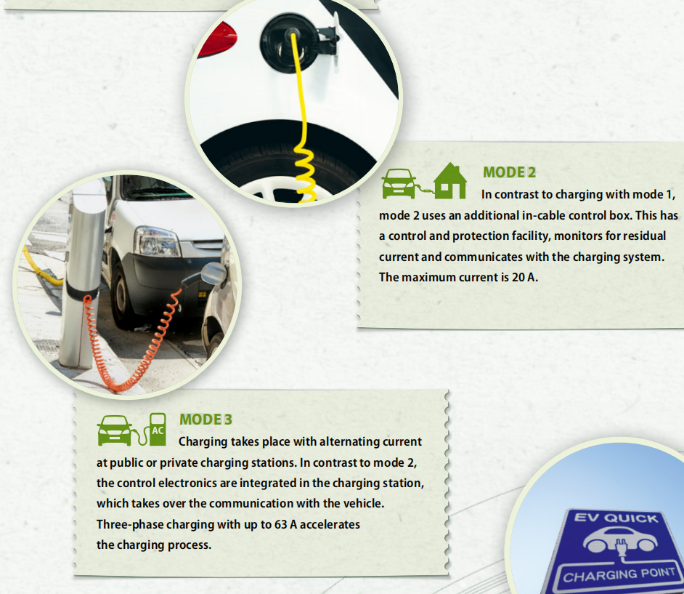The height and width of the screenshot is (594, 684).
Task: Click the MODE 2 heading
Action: (509, 172)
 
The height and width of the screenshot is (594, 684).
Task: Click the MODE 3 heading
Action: (205, 420)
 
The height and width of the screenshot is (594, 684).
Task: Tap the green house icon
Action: (450, 181)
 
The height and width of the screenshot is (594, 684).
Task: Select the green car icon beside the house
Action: (398, 183)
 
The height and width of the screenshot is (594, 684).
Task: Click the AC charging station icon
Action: (158, 430)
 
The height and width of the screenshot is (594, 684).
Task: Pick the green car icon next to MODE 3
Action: (114, 430)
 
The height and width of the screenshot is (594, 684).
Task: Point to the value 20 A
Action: (524, 277)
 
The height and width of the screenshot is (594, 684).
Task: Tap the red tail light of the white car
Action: (218, 39)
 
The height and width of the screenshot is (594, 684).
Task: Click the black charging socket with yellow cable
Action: (288, 43)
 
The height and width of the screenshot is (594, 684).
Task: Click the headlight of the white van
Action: (157, 241)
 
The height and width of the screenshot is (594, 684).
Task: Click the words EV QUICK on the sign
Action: (616, 518)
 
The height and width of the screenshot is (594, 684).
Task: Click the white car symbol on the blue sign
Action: (620, 542)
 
